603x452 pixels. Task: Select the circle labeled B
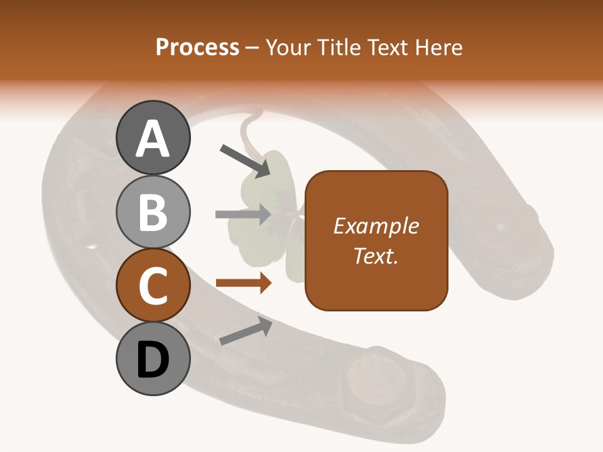(153, 212)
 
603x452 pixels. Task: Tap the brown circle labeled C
(153, 285)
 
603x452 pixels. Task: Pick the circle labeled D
(153, 359)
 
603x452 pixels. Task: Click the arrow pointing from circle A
(244, 160)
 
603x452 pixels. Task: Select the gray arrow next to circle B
(243, 215)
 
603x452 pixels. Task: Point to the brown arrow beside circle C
(244, 284)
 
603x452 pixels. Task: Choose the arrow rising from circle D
(246, 331)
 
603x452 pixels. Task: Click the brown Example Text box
(376, 241)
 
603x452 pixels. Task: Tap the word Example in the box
(376, 226)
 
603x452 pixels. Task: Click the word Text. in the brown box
(376, 256)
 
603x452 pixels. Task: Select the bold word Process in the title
(197, 48)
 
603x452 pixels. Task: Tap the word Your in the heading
(288, 48)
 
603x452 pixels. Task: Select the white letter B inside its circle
(153, 212)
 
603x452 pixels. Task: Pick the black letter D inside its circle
(153, 359)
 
